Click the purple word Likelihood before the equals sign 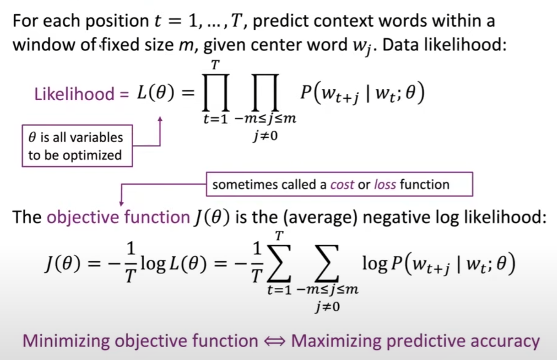tap(74, 94)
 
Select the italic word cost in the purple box tap(342, 185)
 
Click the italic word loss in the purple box tap(385, 185)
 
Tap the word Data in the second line tap(396, 45)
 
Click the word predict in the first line tap(284, 21)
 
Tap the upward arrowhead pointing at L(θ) tap(160, 119)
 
